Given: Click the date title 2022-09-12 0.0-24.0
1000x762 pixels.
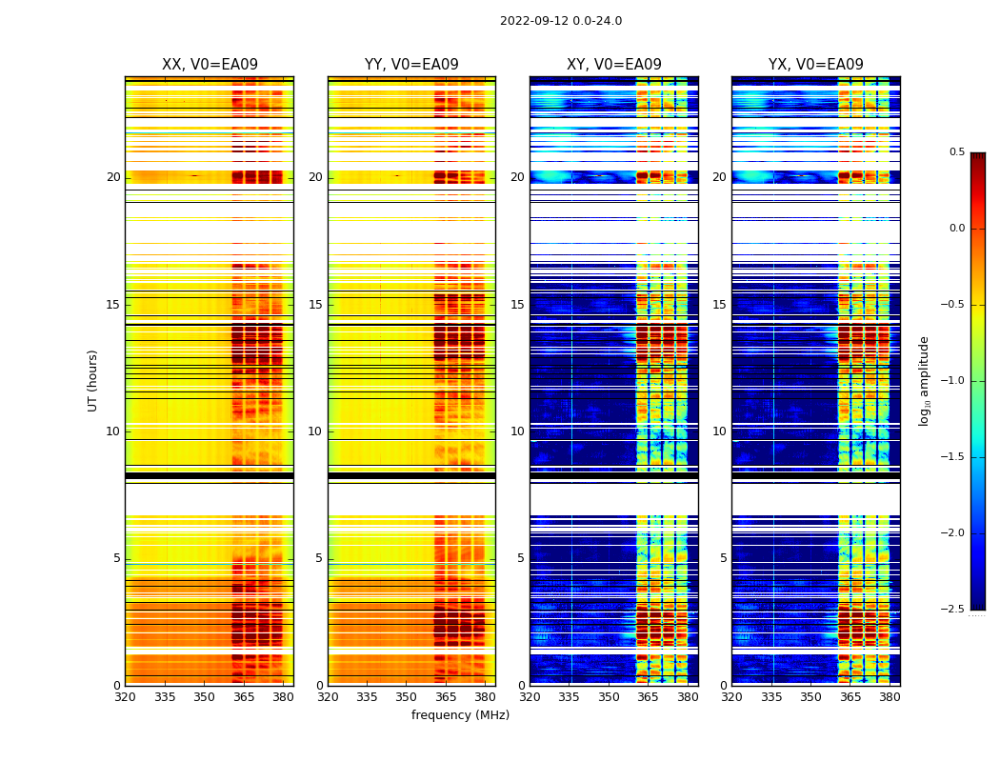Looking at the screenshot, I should pos(560,21).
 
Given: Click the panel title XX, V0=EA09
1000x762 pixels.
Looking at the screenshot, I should pos(210,65).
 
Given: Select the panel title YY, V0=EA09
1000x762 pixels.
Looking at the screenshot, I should pos(411,65).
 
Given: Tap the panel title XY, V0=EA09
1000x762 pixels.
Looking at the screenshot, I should pos(614,65).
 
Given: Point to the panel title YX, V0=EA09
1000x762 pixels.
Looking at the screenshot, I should pos(816,65).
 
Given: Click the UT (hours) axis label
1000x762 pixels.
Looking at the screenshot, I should pos(93,380).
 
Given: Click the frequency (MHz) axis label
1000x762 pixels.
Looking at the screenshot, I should pos(460,715).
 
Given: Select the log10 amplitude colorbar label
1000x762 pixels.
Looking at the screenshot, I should pos(924,380).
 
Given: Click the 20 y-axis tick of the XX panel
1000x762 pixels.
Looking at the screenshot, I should pos(113,177).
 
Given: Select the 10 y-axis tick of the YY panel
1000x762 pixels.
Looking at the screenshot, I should pos(315,431).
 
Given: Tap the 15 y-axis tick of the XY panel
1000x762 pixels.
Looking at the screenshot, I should pos(517,305).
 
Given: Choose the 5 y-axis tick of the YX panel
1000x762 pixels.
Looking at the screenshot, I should pos(723,558).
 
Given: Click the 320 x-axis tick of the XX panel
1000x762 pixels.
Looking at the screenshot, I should pos(125,696).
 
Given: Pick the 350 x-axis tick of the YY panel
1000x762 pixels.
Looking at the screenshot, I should pos(406,696).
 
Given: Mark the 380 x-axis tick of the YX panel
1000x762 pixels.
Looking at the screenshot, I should pos(890,696).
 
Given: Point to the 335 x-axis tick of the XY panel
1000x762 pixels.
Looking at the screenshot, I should pos(569,696).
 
